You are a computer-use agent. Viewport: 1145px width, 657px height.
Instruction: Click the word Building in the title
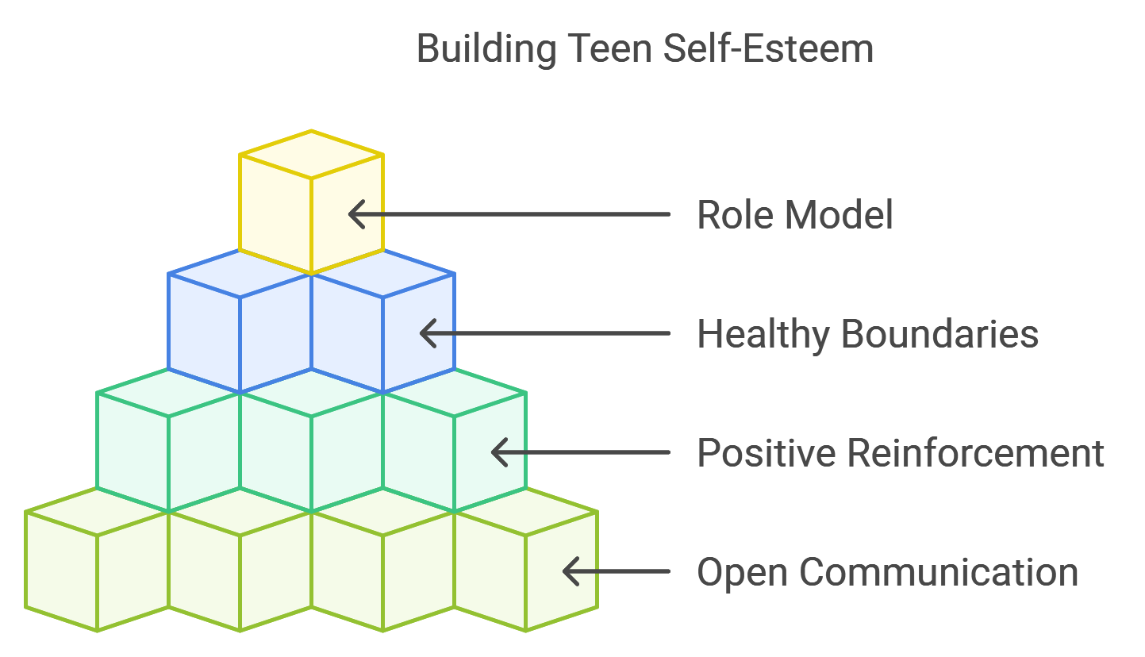pos(486,49)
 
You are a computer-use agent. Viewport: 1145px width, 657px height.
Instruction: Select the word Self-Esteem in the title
pos(768,49)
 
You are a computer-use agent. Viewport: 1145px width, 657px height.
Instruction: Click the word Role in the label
pos(736,215)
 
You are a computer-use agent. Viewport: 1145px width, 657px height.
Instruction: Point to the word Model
pos(839,215)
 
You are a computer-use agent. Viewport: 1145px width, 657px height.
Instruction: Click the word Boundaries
pos(939,334)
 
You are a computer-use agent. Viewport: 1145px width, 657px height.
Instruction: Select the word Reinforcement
pos(975,453)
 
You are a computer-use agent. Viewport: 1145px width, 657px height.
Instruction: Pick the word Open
pos(742,573)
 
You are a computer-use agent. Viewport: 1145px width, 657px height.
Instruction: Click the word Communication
pos(939,572)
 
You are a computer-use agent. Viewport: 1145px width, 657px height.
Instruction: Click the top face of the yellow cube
pos(311,155)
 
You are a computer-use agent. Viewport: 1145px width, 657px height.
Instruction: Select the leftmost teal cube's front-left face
pos(133,452)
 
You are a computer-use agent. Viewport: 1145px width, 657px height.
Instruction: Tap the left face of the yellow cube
pos(275,214)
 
